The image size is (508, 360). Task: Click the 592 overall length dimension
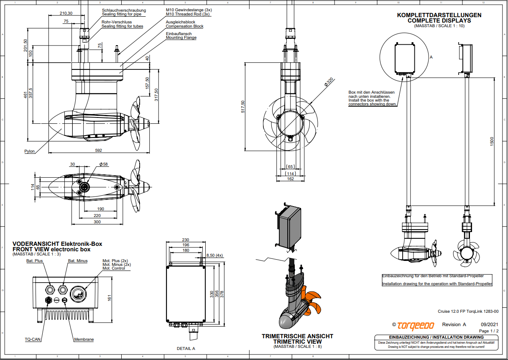click(x=99, y=150)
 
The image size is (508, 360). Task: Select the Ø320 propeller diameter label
click(x=329, y=83)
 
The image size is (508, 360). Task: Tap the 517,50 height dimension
click(x=243, y=107)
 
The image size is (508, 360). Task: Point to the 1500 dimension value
click(x=492, y=141)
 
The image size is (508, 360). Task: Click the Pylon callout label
click(x=29, y=151)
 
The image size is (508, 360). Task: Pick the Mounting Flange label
click(x=181, y=38)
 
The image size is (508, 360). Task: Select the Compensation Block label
click(x=184, y=26)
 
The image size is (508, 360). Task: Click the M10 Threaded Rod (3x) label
click(x=188, y=14)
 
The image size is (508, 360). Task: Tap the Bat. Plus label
click(x=34, y=261)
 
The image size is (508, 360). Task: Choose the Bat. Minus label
click(x=78, y=261)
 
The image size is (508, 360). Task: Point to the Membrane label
click(x=84, y=340)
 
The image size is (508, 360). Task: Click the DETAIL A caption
click(x=186, y=348)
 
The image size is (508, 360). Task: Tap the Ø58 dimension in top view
click(x=104, y=164)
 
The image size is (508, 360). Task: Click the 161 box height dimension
click(x=110, y=298)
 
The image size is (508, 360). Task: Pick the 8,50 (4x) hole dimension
click(x=215, y=255)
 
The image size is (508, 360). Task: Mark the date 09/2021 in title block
click(x=490, y=324)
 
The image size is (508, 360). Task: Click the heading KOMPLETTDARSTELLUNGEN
click(x=439, y=15)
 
